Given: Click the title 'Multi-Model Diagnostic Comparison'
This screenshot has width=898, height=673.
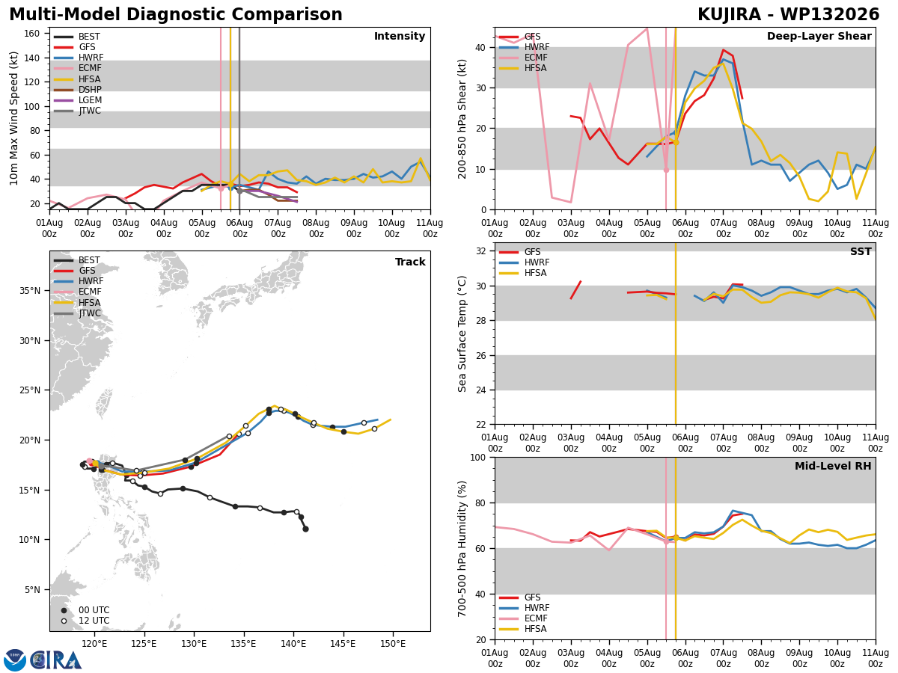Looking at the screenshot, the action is pos(176,15).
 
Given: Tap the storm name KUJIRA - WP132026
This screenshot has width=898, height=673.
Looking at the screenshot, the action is pos(788,15).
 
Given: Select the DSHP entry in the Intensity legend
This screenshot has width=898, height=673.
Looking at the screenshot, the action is pos(90,90).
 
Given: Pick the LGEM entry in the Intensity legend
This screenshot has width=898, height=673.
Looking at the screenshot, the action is pos(90,100).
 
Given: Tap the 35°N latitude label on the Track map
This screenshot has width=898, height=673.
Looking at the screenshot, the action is pos(30,291).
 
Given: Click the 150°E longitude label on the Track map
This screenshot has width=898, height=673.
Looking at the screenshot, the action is pos(393,644).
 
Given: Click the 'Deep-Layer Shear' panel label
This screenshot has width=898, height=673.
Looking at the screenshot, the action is pos(819,37).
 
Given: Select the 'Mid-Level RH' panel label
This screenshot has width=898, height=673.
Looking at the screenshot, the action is pos(833,466).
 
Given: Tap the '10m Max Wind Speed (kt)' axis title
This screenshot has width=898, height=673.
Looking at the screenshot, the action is pos(14,118).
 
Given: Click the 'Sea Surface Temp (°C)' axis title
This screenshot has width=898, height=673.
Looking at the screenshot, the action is pos(462,334).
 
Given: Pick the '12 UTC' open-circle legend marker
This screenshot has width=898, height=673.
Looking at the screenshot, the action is pos(64,621).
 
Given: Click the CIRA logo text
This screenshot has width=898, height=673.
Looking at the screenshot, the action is pos(56,661).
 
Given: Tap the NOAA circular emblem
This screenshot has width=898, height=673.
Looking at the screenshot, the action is pos(15,660).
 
